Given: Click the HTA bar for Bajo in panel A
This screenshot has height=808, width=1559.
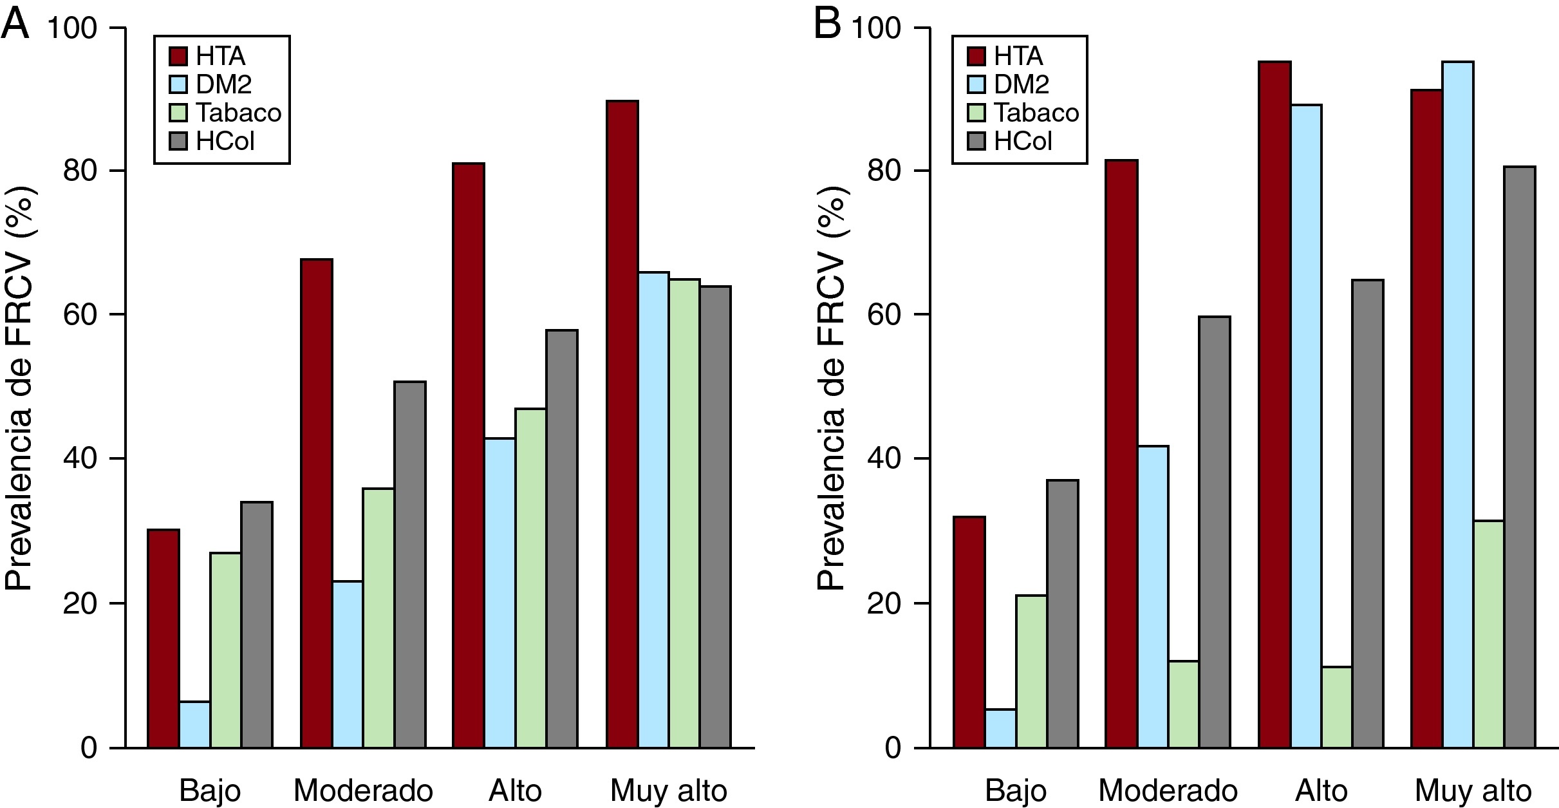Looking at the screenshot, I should pos(163,638).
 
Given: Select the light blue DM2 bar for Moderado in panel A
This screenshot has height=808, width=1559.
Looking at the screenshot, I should pos(347,664).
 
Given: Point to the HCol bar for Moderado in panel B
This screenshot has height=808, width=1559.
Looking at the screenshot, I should pos(1214,532).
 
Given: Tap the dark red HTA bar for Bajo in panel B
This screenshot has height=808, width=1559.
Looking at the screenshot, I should pos(969,632).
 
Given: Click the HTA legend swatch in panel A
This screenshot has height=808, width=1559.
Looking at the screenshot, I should pos(178,56).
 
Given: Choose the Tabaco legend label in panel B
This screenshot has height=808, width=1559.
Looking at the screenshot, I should pos(1036,113).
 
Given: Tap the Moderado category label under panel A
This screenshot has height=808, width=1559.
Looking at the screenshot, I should pos(363,790).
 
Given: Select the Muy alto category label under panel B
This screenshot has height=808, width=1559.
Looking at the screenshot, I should pos(1473,790).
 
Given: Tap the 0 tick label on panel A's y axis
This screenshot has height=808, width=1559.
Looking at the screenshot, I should pos(88,747).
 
